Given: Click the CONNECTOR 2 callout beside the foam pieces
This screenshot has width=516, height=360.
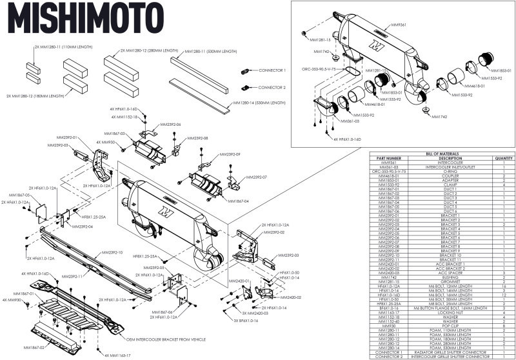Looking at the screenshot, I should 272,86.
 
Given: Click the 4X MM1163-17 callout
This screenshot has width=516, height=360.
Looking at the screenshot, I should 117,354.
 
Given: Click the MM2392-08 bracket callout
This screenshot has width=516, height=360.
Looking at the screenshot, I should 196,137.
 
